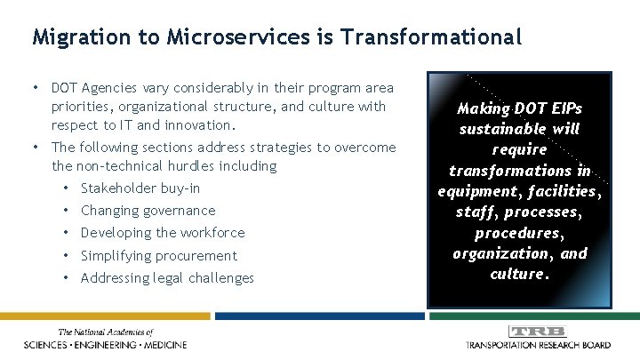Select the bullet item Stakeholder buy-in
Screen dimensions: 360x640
(140, 188)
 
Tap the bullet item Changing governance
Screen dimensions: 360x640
(148, 211)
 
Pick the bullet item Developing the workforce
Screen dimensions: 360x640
(162, 233)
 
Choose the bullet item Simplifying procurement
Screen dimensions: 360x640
(158, 256)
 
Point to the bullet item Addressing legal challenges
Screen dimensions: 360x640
(167, 278)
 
